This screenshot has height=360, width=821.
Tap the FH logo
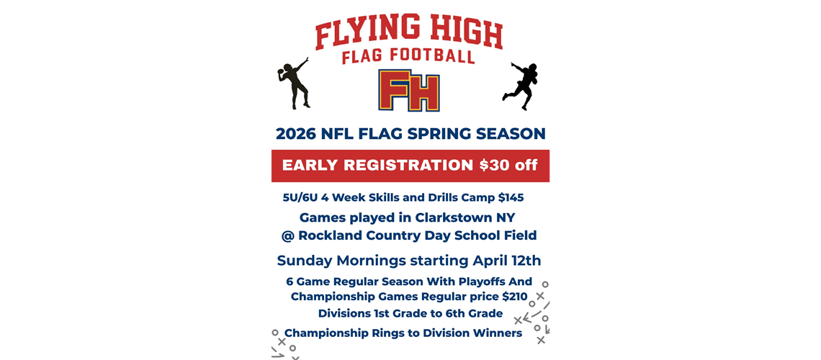point(410,91)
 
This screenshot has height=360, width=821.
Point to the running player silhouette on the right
point(522,84)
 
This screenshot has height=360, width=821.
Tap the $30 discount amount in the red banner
point(495,166)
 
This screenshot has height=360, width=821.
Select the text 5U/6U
point(301,197)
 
